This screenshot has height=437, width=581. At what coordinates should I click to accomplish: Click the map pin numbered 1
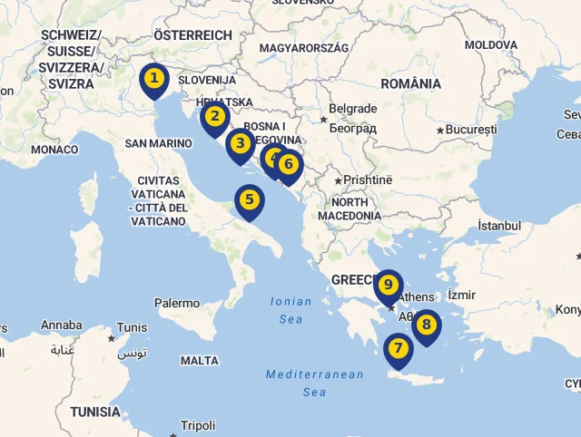pos(154,79)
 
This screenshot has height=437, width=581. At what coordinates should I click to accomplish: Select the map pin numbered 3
pos(241,143)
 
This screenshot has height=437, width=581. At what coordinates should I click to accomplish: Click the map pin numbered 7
pos(398,348)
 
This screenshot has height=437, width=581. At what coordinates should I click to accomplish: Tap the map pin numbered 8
pos(426,325)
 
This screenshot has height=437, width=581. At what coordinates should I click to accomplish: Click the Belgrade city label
pos(353,109)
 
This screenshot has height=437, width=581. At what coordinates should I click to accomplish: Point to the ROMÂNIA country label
pos(410,83)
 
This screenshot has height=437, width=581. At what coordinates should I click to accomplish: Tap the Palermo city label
pos(176,303)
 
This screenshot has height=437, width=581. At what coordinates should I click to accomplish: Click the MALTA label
pos(200,361)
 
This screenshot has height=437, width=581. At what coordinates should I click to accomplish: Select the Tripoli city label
pos(198,425)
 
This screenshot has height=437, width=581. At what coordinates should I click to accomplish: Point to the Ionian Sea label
pos(290,310)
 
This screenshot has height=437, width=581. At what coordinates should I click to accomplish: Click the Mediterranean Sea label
pos(314,383)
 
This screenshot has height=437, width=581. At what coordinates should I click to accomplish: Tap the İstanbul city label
pos(499,226)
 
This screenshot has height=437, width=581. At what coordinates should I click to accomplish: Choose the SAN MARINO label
pos(158,143)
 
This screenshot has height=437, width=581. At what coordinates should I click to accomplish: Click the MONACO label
pos(54,150)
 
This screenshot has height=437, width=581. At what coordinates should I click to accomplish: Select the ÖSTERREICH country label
pos(192,34)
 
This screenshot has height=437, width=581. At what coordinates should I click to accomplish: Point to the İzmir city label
pos(461,296)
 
